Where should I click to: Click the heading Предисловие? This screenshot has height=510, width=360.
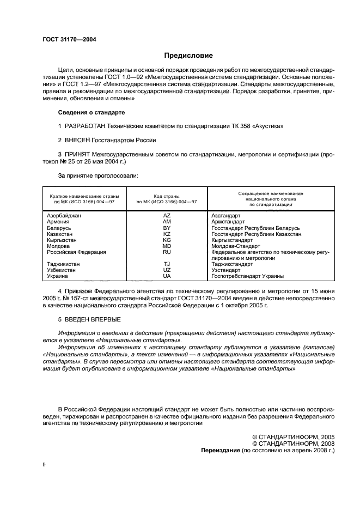pos(188,56)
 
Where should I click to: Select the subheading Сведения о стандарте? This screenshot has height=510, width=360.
pos(91,112)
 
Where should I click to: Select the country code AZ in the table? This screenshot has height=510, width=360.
pos(167,216)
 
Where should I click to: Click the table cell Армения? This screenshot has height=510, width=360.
pos(58,222)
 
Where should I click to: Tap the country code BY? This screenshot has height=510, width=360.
pos(167,228)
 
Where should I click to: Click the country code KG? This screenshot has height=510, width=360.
pos(167,240)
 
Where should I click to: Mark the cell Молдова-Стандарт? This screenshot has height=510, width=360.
pos(235,246)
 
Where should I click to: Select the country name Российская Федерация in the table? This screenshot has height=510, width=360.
pos(76,252)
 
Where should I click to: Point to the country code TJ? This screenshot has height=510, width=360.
pos(167,264)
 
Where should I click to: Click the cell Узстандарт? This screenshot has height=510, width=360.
pos(225,270)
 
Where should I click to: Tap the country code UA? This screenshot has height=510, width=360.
pos(167,276)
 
